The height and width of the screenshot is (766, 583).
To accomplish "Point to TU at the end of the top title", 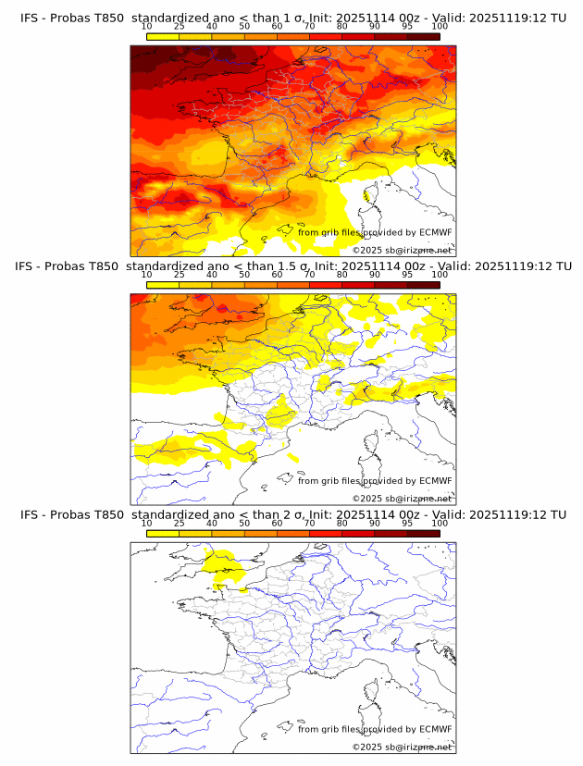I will click(558, 17).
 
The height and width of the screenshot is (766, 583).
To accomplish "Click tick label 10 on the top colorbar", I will click(147, 27).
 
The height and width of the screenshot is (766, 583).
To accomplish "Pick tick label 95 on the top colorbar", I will click(407, 27).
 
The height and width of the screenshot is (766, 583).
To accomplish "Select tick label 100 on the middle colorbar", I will click(440, 275).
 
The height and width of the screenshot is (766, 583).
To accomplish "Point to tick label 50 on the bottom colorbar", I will click(244, 523).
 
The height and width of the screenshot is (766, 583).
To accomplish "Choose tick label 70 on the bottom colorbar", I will click(309, 523).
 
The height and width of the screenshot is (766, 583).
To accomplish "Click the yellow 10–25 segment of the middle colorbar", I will click(163, 285).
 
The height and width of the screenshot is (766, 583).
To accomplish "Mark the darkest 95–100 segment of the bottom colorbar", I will click(423, 533).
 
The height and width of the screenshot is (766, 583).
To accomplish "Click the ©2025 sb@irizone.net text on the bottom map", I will click(402, 747).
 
